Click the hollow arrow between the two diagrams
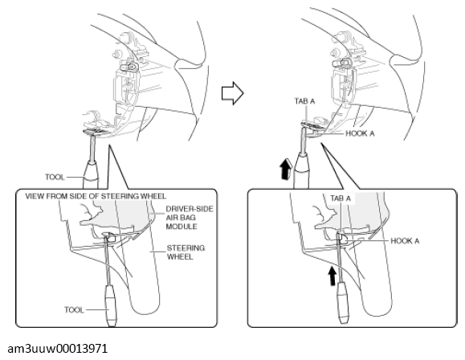pyautogui.click(x=233, y=93)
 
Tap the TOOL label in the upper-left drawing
pyautogui.click(x=55, y=177)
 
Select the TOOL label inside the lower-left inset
pyautogui.click(x=74, y=310)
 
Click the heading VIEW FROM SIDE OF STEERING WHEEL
pyautogui.click(x=96, y=196)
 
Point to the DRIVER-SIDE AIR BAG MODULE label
pyautogui.click(x=190, y=218)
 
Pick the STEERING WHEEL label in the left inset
pyautogui.click(x=186, y=252)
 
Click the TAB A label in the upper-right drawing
pyautogui.click(x=304, y=101)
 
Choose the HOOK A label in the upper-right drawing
pyautogui.click(x=360, y=133)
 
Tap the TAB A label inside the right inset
pyautogui.click(x=341, y=198)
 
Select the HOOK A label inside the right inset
pyautogui.click(x=405, y=241)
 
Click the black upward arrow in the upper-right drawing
pyautogui.click(x=286, y=169)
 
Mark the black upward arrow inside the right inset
pyautogui.click(x=332, y=276)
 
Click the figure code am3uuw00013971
pyautogui.click(x=58, y=349)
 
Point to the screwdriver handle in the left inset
pyautogui.click(x=111, y=305)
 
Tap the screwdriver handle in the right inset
pyautogui.click(x=344, y=303)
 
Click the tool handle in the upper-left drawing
pyautogui.click(x=91, y=176)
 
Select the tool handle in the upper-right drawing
pyautogui.click(x=301, y=171)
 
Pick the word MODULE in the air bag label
pyautogui.click(x=181, y=227)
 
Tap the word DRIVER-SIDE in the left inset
pyautogui.click(x=190, y=209)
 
